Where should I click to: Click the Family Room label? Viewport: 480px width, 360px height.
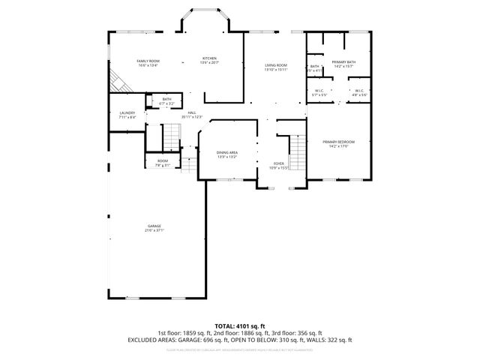(148, 61)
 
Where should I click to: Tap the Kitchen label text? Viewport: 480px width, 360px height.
(210, 58)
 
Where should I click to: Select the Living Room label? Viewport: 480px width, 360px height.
(276, 66)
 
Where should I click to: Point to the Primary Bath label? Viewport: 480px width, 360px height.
(344, 62)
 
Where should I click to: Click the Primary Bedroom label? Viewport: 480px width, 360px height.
(338, 141)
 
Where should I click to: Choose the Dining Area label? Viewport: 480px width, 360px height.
(227, 152)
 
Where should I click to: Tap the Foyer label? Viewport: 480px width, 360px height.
(278, 163)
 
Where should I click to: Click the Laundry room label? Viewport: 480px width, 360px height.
(127, 113)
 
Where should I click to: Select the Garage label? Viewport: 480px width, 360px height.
(154, 226)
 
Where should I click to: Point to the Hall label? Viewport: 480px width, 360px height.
(192, 113)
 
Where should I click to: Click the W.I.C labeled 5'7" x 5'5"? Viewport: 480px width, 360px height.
(319, 91)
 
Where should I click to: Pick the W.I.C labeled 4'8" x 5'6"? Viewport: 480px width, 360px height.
(359, 91)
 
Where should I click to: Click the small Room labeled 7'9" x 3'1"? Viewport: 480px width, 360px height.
(163, 161)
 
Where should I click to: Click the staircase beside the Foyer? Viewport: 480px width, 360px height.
(298, 154)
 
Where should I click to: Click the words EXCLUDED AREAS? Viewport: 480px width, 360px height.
(148, 340)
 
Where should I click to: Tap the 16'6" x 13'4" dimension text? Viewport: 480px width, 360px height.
(148, 65)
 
